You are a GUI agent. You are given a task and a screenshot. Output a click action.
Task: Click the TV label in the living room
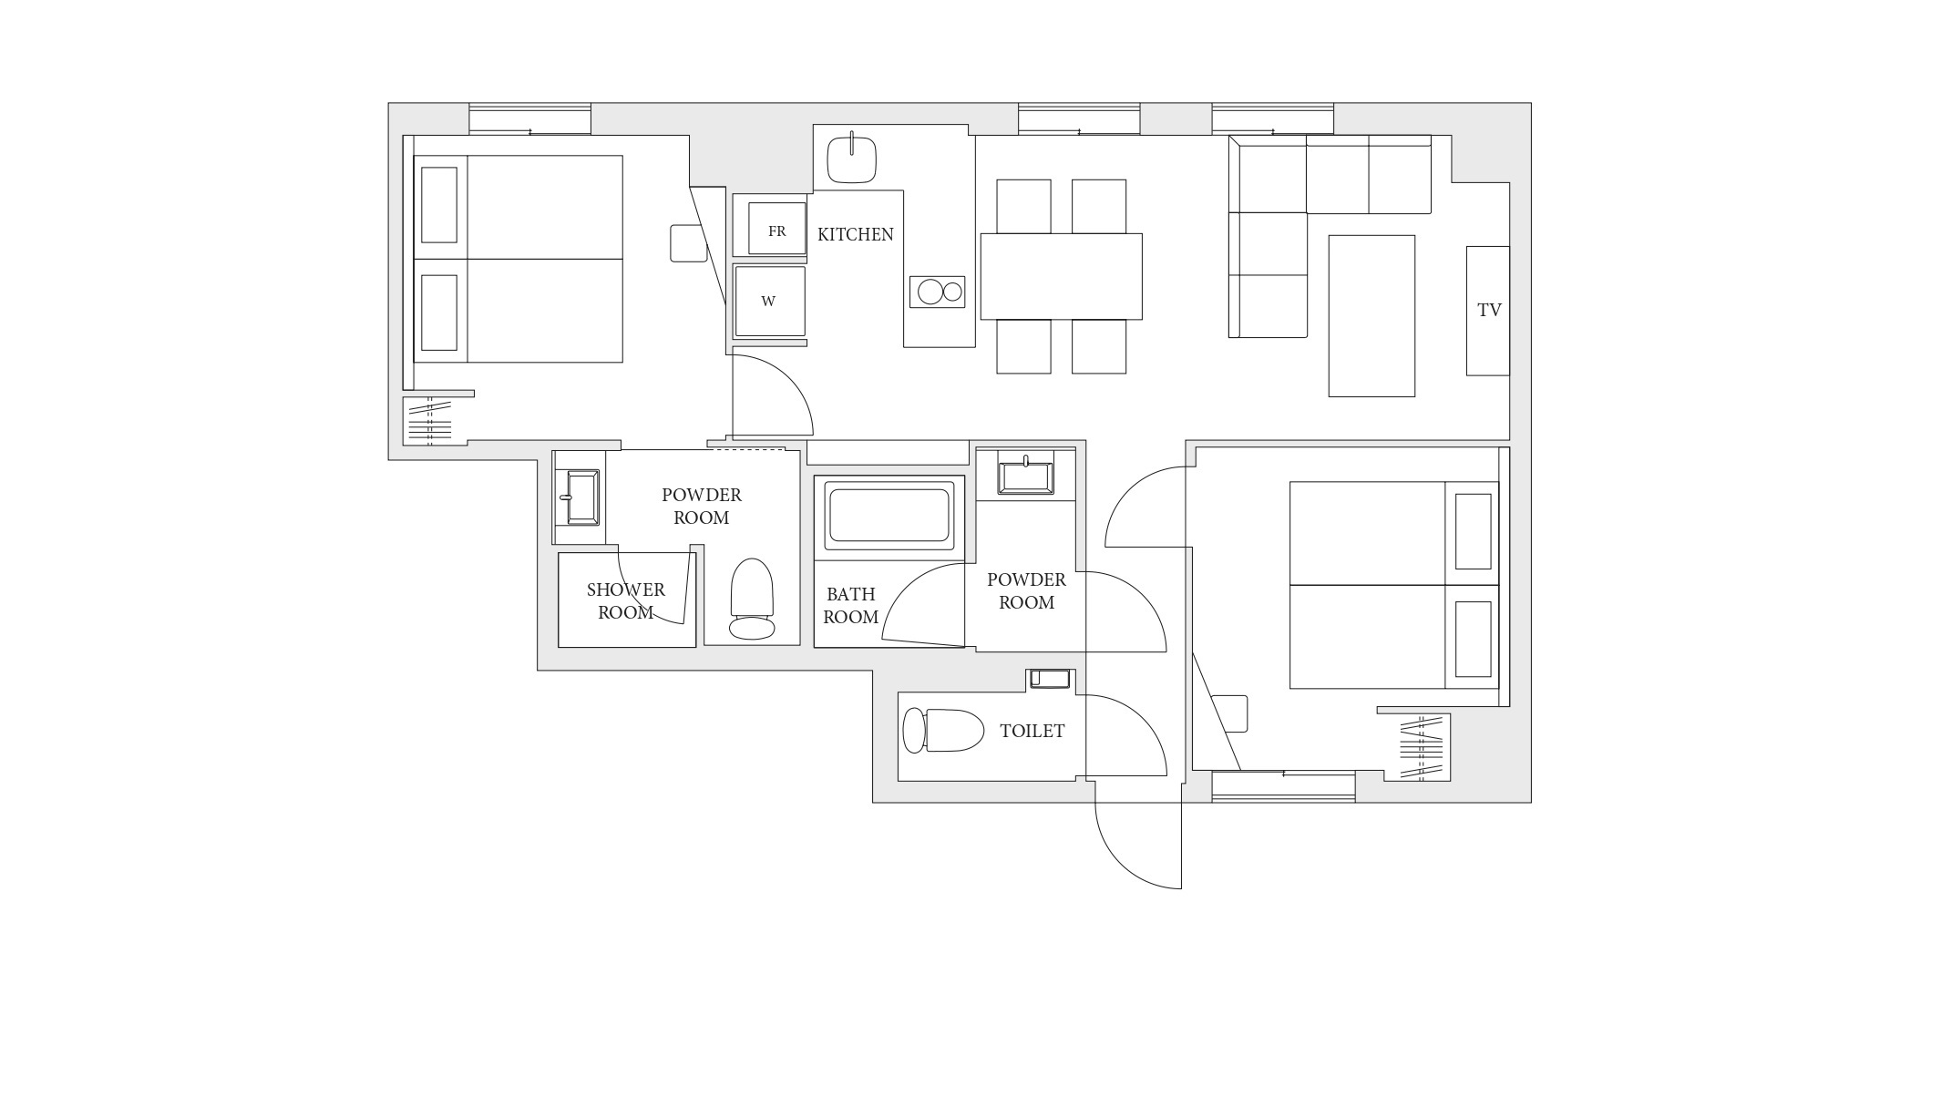pos(1489,310)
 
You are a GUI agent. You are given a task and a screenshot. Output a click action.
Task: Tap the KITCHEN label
pos(855,234)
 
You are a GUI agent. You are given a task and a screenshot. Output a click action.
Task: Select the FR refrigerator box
pos(776,228)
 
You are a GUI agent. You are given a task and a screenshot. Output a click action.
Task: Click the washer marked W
pos(770,301)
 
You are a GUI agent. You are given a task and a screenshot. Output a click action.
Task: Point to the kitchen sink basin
pos(851,160)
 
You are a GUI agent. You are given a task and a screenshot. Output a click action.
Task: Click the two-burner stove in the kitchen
pos(937,292)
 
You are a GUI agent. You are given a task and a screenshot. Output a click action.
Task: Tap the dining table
pos(1061,276)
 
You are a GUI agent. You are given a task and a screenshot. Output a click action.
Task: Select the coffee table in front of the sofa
pos(1372,316)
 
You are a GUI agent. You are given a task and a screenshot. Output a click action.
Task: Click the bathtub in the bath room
pos(889,515)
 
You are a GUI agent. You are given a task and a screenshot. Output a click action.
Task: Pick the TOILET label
pos(1032,731)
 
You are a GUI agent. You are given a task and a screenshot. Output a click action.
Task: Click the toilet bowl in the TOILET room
pos(943,731)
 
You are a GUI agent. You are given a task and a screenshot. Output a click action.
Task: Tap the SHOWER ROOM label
pos(626,601)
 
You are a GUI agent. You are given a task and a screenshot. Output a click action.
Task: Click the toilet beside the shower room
pos(752,599)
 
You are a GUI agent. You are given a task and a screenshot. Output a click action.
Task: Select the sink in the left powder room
pos(582,497)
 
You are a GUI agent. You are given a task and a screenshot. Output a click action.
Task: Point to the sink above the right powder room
pos(1025,476)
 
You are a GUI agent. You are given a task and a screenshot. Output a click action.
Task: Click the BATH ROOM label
pos(851,606)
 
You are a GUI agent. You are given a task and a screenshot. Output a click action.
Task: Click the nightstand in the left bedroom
pos(689,243)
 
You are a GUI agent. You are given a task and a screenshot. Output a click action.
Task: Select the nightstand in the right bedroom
pos(1229,713)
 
